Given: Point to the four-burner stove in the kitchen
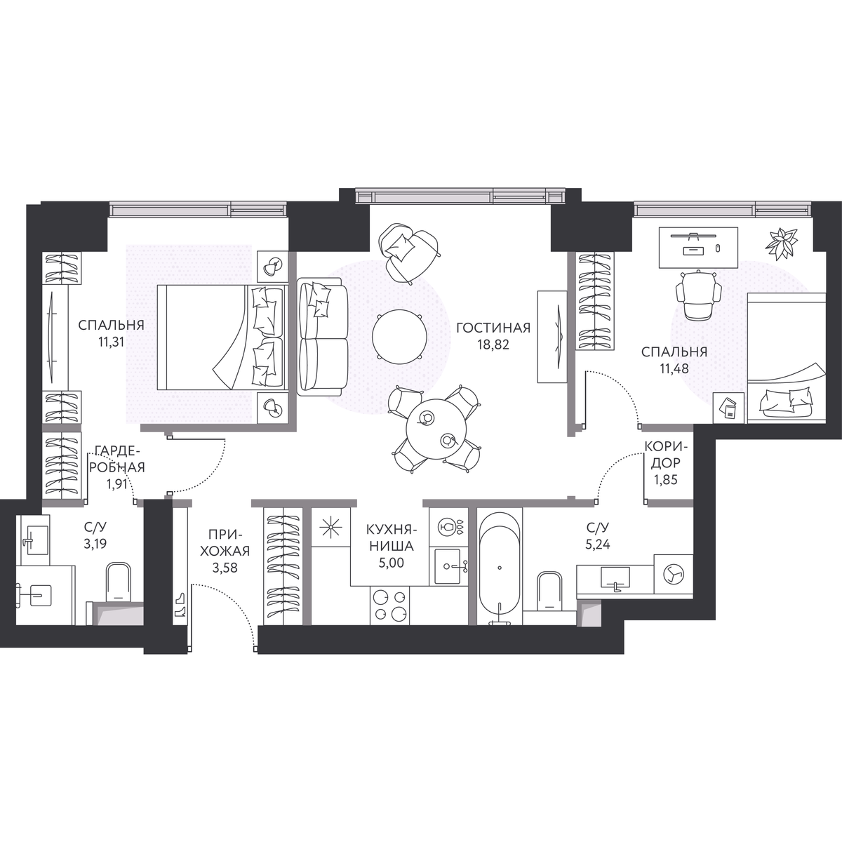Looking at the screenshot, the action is pos(389,605).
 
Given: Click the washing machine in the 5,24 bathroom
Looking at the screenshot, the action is pos(674,574).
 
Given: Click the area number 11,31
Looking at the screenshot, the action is pos(112,342).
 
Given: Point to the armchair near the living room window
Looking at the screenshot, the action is pos(409,253).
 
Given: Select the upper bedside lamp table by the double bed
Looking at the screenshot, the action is pos(273,266).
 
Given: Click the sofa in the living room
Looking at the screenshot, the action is pos(323,337).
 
